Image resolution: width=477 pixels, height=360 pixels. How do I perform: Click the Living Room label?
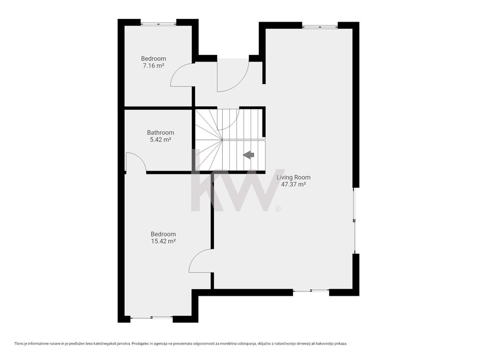tap(294, 177)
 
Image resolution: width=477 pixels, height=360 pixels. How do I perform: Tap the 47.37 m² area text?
tap(293, 184)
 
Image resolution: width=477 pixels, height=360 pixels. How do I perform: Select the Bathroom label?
tap(160, 132)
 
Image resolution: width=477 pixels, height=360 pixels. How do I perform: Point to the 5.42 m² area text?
tap(160, 140)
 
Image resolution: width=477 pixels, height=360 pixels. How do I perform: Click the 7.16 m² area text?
tap(153, 66)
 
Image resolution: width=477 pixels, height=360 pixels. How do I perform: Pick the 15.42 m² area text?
tap(163, 241)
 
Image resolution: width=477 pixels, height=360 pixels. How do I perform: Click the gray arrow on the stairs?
tap(249, 155)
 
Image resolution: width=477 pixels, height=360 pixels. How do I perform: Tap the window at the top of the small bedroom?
tap(158, 23)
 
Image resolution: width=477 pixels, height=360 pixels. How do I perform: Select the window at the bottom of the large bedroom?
tap(151, 318)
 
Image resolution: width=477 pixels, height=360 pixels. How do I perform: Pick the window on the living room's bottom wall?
tap(311, 291)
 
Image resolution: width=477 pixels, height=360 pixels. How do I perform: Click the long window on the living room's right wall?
tap(355, 220)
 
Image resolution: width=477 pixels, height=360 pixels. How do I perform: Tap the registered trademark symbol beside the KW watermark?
tap(278, 209)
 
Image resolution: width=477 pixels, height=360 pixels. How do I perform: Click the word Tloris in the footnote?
tap(18, 343)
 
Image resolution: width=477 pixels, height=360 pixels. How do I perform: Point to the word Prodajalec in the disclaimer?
tap(139, 343)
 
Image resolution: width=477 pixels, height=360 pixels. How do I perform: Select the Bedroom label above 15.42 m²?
tap(163, 234)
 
